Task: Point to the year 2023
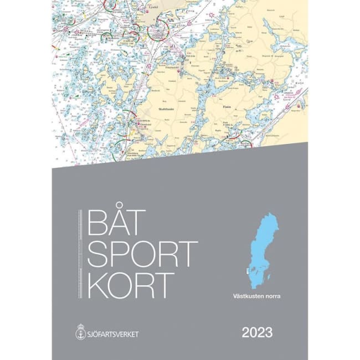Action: pos(256,333)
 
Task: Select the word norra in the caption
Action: pos(271,296)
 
